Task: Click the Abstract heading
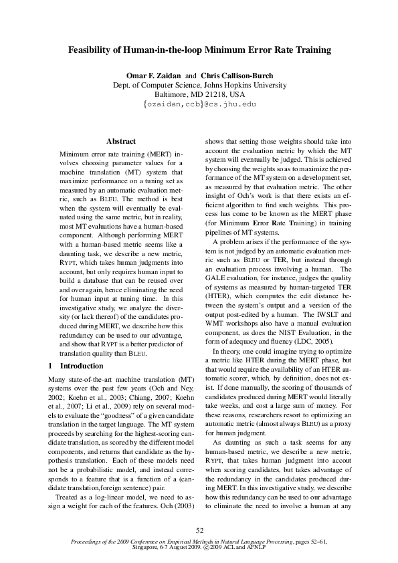121,141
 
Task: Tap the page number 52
199,530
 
